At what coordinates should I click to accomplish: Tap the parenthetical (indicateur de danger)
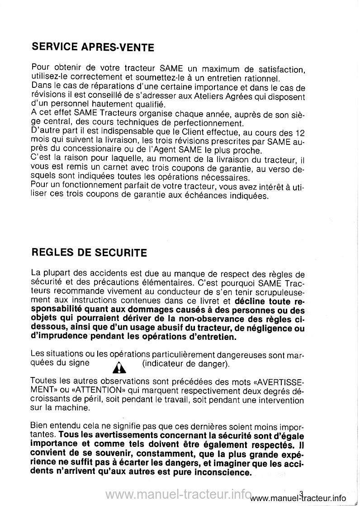click(186, 363)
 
